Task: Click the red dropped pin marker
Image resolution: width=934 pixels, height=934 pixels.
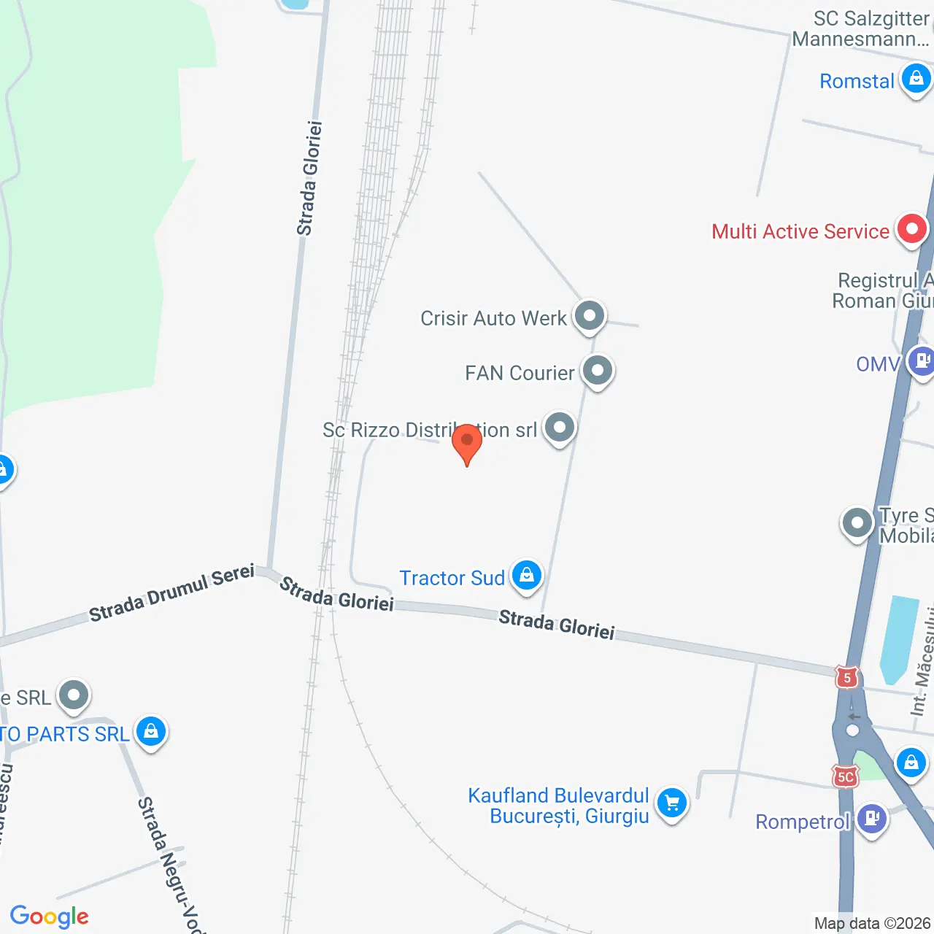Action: pyautogui.click(x=467, y=441)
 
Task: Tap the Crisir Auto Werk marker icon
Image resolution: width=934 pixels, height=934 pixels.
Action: pyautogui.click(x=589, y=316)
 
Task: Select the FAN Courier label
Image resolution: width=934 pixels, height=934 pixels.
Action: pyautogui.click(x=520, y=373)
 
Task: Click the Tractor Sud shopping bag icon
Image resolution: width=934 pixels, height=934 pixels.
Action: pyautogui.click(x=526, y=576)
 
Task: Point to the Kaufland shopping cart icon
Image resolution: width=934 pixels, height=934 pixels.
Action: pyautogui.click(x=671, y=803)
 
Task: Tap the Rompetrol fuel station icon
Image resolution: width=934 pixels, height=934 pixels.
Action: pyautogui.click(x=871, y=818)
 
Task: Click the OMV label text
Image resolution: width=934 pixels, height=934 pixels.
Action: pyautogui.click(x=878, y=363)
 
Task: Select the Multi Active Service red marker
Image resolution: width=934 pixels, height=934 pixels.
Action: pyautogui.click(x=911, y=230)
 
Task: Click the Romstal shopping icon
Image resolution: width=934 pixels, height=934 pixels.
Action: pyautogui.click(x=916, y=78)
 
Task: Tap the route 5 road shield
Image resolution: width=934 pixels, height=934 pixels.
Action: pyautogui.click(x=846, y=678)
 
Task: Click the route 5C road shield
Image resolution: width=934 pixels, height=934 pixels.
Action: pyautogui.click(x=845, y=777)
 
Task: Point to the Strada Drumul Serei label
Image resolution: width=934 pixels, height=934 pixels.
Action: pyautogui.click(x=171, y=593)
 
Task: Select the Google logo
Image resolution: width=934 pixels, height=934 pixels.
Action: pyautogui.click(x=50, y=916)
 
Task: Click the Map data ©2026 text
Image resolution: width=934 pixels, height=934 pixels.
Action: pyautogui.click(x=872, y=923)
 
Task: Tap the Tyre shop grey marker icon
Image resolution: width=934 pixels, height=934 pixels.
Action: pyautogui.click(x=857, y=522)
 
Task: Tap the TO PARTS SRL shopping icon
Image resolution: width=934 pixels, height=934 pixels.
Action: pyautogui.click(x=151, y=730)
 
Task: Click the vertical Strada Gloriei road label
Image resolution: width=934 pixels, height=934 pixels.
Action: pyautogui.click(x=309, y=178)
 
